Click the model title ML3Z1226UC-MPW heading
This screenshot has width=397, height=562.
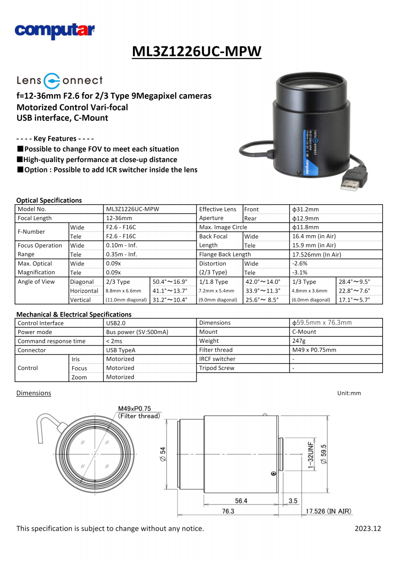[197, 51]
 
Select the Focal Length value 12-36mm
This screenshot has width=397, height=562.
[119, 218]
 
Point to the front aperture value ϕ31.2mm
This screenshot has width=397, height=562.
[305, 209]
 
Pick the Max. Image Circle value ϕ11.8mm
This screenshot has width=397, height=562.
[305, 227]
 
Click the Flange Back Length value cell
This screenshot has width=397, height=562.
[316, 254]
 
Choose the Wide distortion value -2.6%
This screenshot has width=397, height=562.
[300, 264]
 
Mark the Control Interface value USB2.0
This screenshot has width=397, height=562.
[116, 323]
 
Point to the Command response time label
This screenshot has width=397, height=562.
[51, 341]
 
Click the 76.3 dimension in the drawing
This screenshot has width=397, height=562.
[228, 511]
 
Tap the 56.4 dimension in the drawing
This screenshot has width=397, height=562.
[241, 501]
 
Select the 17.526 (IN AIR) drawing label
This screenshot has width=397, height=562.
[329, 511]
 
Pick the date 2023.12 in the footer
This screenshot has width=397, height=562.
[368, 529]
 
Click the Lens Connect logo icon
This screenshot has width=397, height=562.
[51, 81]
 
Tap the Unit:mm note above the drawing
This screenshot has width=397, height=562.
[349, 393]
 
